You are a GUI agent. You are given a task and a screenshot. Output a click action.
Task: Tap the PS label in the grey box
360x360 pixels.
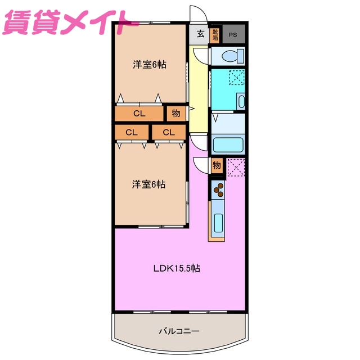(x=233, y=34)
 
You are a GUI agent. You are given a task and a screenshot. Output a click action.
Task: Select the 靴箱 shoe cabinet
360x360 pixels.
(x=215, y=34)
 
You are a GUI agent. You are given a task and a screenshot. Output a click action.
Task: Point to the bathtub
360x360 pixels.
(x=228, y=145)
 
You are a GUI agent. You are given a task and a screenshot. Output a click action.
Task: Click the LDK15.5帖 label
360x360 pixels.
(x=177, y=268)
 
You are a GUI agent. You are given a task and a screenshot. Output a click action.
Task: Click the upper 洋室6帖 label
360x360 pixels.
(x=149, y=64)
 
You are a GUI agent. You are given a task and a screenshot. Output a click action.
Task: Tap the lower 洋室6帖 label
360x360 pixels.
(x=148, y=184)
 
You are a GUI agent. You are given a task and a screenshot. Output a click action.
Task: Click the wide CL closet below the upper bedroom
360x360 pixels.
(x=139, y=114)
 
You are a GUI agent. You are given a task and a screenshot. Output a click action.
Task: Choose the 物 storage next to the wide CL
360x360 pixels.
(x=175, y=114)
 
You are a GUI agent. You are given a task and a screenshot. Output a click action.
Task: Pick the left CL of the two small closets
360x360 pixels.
(x=132, y=133)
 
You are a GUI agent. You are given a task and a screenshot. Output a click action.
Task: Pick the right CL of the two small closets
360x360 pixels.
(x=169, y=133)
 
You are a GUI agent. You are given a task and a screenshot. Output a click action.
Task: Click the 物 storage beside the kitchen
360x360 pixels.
(x=217, y=166)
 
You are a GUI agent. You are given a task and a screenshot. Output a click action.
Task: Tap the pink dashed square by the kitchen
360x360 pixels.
(x=236, y=166)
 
